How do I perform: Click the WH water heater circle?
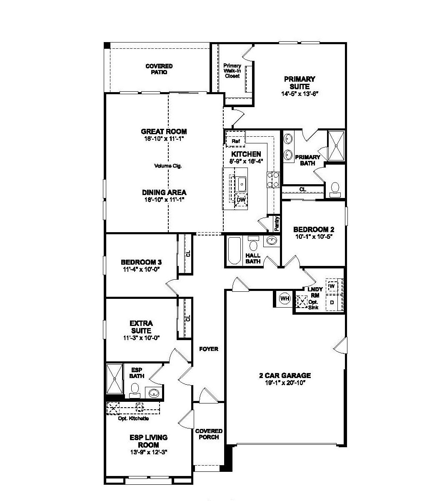[285, 298]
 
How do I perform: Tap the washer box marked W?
[332, 287]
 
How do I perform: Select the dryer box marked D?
[332, 302]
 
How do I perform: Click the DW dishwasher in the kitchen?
[241, 200]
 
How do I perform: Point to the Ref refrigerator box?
[235, 141]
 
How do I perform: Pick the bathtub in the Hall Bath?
[234, 250]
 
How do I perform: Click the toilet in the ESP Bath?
[134, 391]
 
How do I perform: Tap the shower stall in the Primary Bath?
[335, 145]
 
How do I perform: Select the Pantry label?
[277, 223]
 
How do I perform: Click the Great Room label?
[164, 132]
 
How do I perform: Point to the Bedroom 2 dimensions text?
[314, 236]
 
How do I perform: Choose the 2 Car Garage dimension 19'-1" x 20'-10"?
[285, 382]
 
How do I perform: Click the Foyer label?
[208, 349]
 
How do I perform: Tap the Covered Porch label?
[209, 434]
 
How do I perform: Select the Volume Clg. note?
[168, 166]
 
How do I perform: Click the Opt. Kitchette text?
[133, 418]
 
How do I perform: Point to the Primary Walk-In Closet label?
[232, 71]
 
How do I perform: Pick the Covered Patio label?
[159, 69]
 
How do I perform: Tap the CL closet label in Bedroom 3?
[188, 253]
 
